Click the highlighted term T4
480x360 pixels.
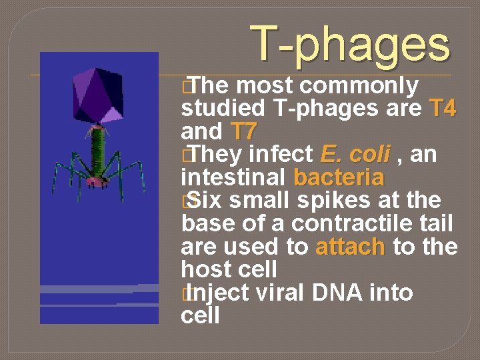(443, 108)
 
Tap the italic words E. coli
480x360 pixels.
(354, 155)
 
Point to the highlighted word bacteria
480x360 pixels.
(338, 178)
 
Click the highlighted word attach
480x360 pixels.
(350, 247)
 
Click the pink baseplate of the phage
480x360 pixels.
(97, 179)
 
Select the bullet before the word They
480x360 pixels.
(185, 155)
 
